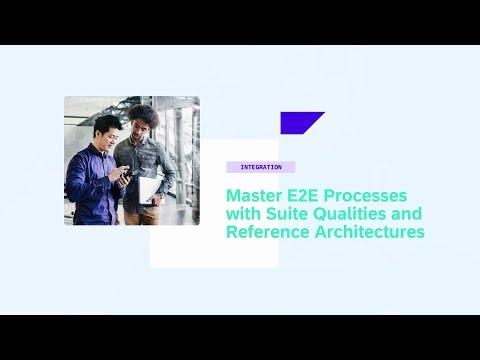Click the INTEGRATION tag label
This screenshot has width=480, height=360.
coord(260,167)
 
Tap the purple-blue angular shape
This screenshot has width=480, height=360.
coord(300,123)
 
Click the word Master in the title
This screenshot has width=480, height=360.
coord(256,195)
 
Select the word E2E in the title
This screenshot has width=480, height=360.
coord(310,195)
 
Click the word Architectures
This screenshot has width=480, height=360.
coord(371,233)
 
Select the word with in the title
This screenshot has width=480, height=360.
coord(242,214)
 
